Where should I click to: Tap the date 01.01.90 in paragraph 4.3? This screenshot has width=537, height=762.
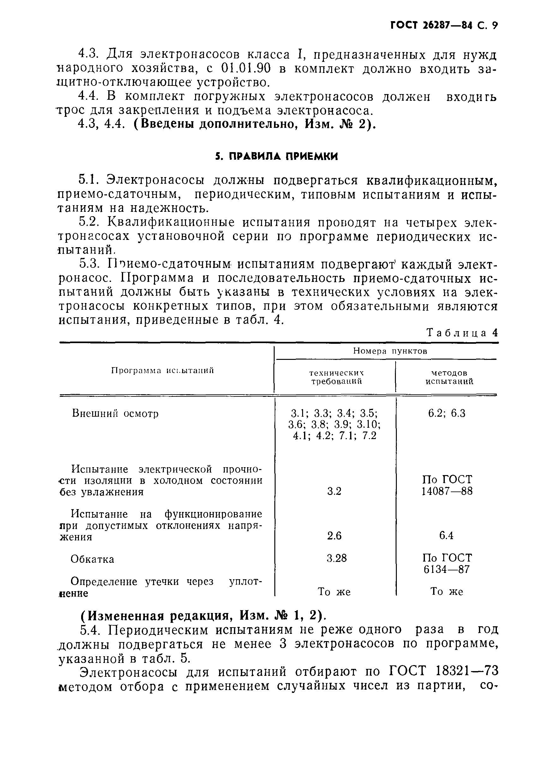point(246,69)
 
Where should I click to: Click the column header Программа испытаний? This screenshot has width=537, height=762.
point(162,371)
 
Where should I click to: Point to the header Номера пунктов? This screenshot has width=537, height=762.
point(390,351)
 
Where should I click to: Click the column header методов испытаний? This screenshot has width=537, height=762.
point(449,377)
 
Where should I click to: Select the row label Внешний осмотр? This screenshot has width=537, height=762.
point(115,414)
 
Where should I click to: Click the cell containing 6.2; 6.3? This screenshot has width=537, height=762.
point(447,413)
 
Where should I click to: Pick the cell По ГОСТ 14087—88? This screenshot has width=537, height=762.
point(447,485)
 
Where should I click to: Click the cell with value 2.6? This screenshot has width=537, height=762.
point(334,536)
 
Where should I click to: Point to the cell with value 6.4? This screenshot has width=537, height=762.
point(446,535)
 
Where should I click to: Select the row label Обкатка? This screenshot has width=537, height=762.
point(92,559)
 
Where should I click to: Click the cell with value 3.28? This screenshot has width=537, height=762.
point(337,558)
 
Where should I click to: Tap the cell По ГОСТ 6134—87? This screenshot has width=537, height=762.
point(447,563)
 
